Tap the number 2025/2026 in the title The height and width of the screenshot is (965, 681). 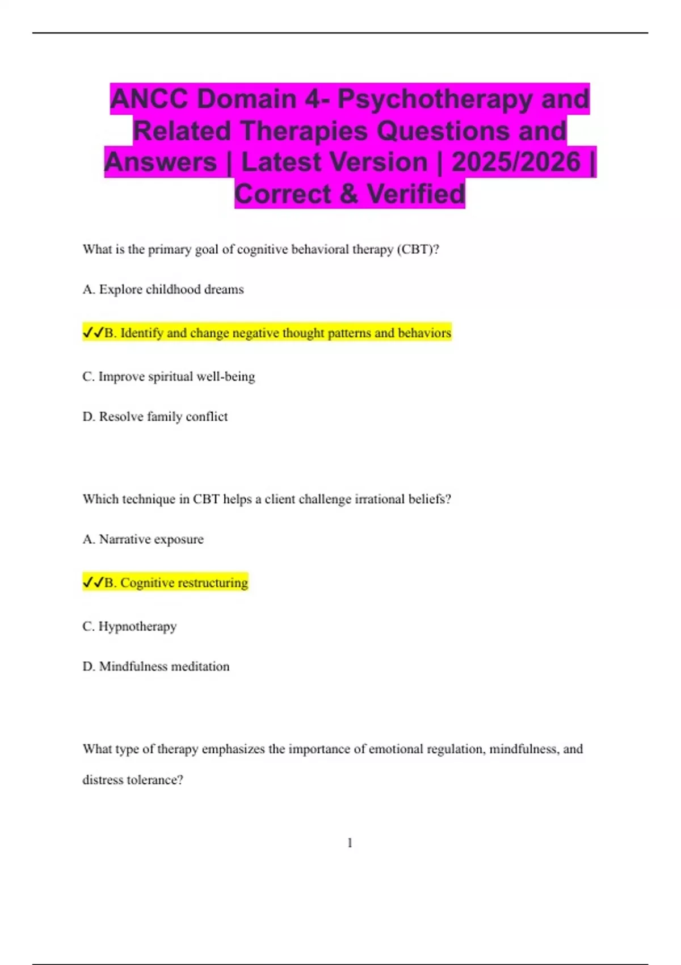click(516, 162)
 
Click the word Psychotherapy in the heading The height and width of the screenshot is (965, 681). click(435, 99)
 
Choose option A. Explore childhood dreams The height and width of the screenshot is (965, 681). click(163, 289)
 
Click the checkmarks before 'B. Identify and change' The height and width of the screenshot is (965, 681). click(93, 333)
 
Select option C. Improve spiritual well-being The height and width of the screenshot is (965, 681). click(169, 376)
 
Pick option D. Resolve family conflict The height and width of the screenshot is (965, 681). click(155, 417)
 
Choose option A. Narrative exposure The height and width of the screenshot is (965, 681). click(143, 539)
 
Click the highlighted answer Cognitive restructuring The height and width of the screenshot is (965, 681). click(183, 583)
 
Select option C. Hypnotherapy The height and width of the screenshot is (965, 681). click(129, 626)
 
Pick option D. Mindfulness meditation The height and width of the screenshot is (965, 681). click(156, 666)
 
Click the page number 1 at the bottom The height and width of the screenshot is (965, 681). click(350, 843)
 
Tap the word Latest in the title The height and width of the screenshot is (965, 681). click(334, 162)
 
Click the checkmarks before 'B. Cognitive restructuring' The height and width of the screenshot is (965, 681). click(93, 583)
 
